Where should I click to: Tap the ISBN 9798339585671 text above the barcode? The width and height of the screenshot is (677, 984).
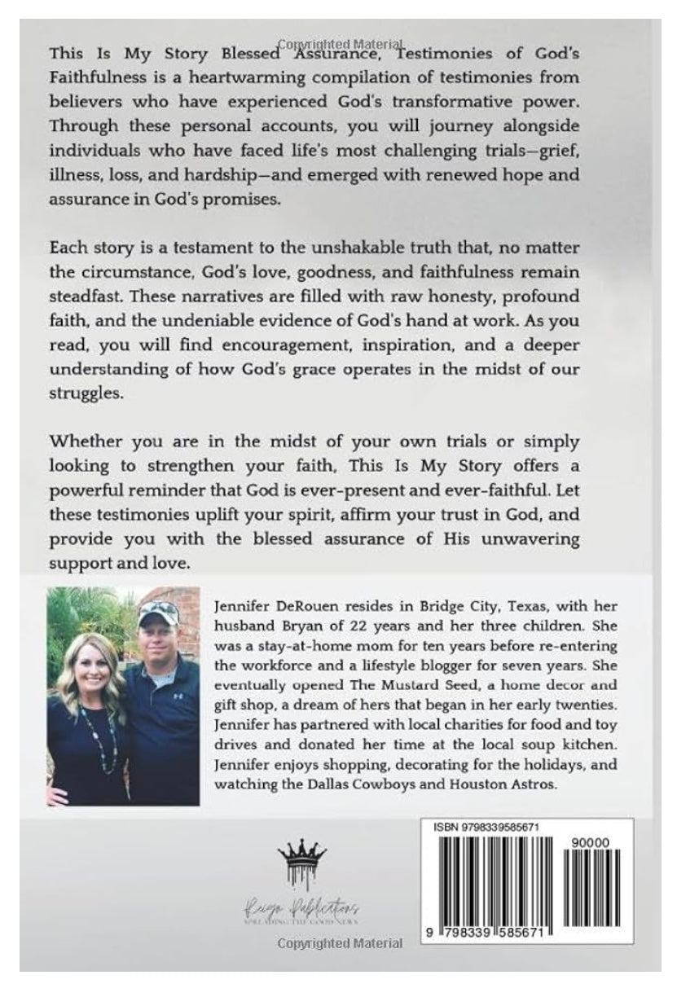(x=481, y=827)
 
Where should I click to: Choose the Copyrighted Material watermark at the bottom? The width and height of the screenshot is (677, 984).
(x=340, y=943)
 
